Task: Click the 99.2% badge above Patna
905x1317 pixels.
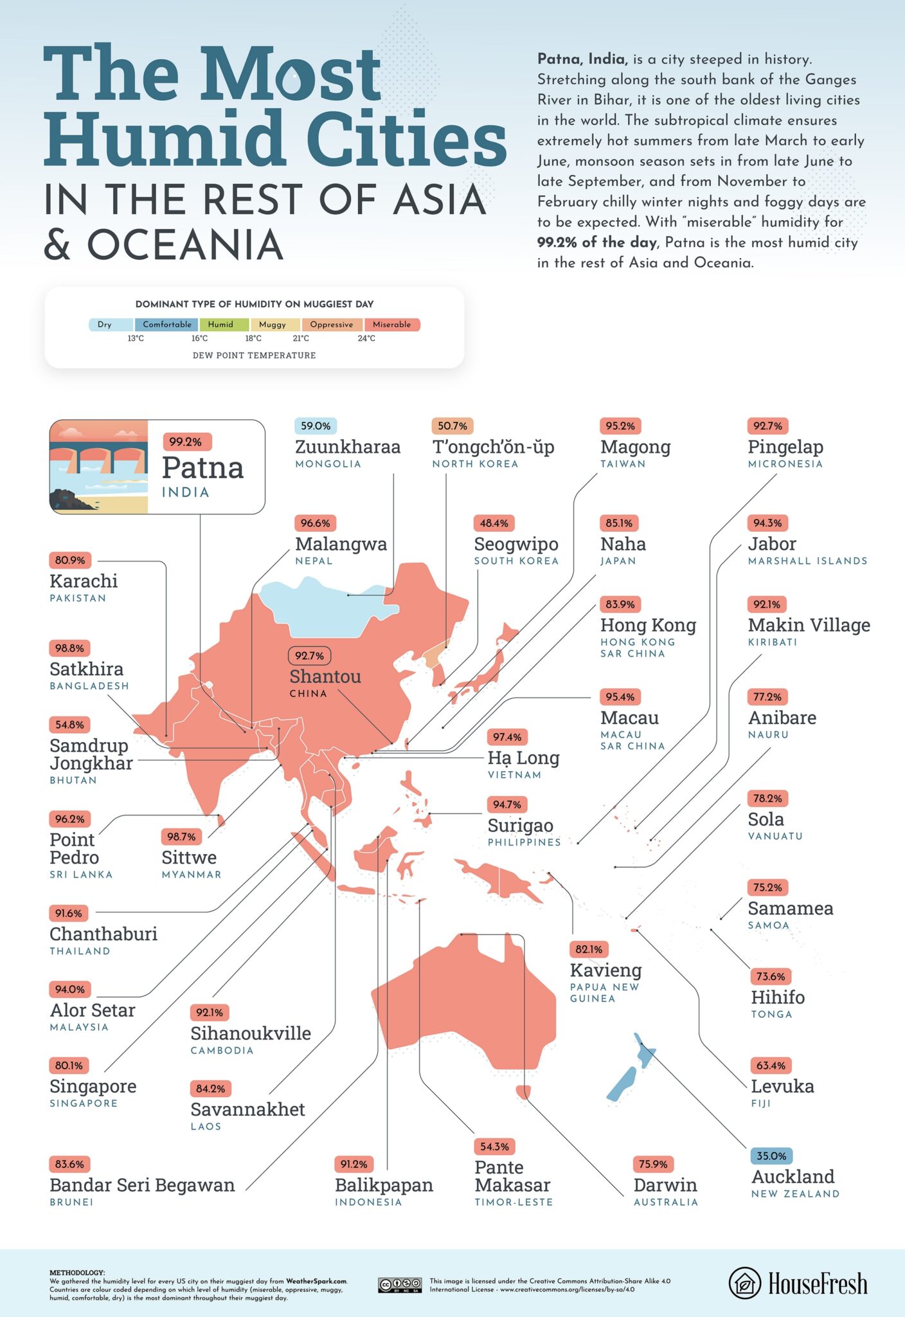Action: (x=185, y=442)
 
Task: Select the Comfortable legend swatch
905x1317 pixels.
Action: (x=166, y=325)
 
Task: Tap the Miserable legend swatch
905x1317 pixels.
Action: (x=391, y=325)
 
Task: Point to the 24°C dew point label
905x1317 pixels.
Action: (x=366, y=338)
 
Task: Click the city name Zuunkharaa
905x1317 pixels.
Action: (x=348, y=447)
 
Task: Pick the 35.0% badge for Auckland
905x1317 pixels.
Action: (x=771, y=1156)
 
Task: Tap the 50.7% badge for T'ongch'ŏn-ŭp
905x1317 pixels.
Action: (x=452, y=426)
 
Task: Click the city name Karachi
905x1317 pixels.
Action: (x=84, y=581)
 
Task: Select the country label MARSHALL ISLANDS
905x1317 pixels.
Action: (x=807, y=561)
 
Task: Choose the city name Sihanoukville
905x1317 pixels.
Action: (x=251, y=1033)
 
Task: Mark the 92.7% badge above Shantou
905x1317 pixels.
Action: (x=309, y=656)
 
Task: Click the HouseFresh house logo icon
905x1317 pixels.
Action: (x=745, y=1283)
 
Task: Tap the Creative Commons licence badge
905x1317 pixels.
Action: (x=400, y=1285)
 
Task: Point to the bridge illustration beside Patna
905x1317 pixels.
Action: (x=99, y=466)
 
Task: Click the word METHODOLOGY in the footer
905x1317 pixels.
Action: (x=76, y=1273)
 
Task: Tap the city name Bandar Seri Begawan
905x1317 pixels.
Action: (x=142, y=1185)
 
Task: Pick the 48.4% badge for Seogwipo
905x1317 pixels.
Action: (x=494, y=523)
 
